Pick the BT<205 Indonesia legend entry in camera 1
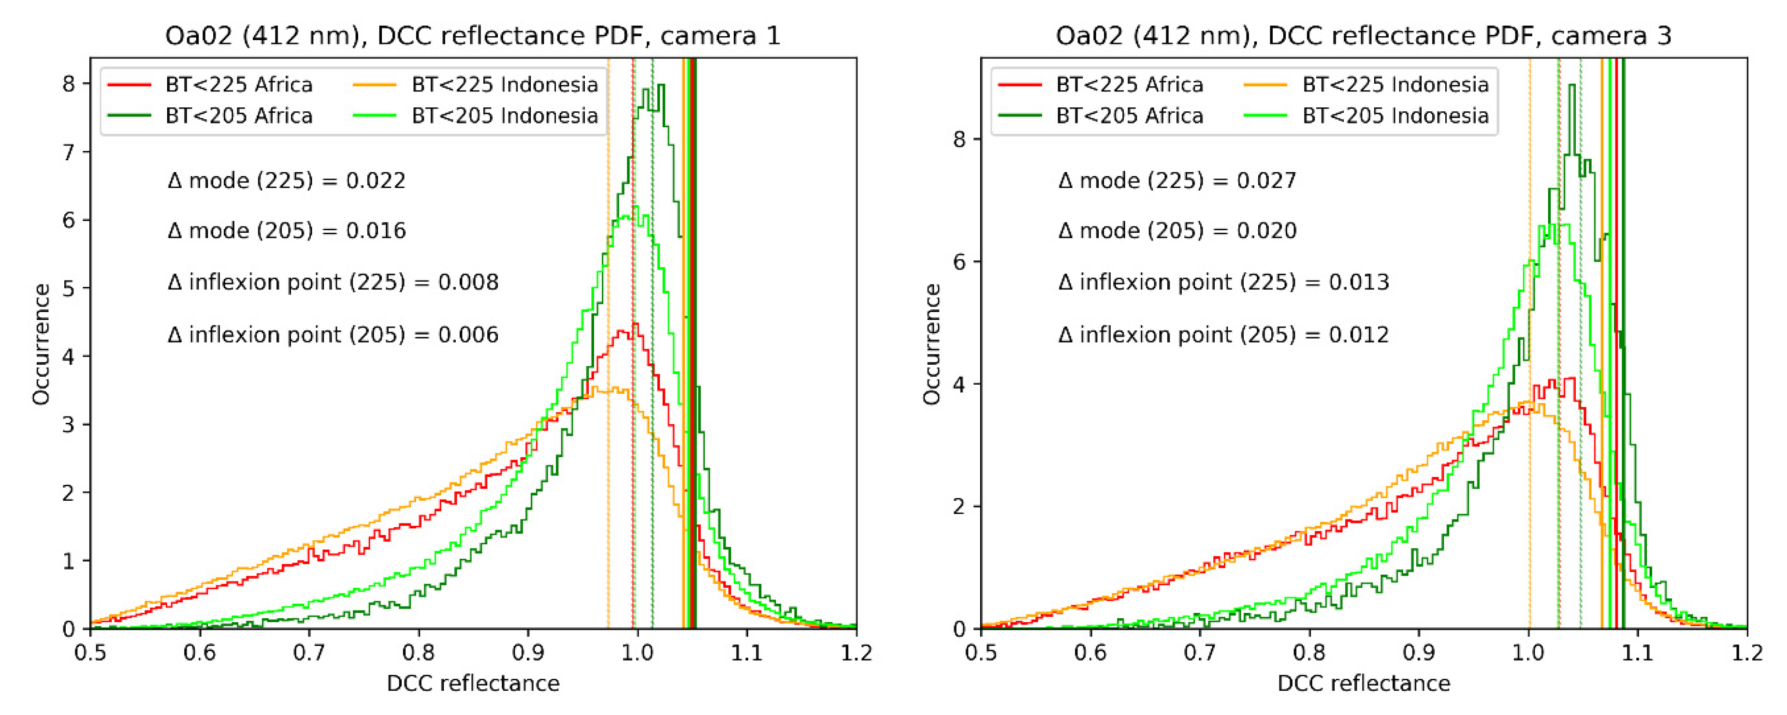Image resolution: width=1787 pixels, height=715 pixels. (x=476, y=115)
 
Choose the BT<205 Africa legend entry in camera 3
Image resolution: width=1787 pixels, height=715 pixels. (x=1101, y=115)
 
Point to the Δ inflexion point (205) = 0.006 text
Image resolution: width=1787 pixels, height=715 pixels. (x=333, y=335)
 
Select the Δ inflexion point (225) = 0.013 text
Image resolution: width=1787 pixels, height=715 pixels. (x=1224, y=283)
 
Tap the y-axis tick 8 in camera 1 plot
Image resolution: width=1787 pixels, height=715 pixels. (x=68, y=84)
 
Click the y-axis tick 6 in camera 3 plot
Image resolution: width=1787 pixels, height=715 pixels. (x=959, y=262)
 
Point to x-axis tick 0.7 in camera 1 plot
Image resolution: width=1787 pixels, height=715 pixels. (x=309, y=653)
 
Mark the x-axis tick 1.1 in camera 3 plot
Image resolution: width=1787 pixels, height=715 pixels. (x=1638, y=653)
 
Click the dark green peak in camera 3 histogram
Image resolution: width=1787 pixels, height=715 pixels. (x=1572, y=86)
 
